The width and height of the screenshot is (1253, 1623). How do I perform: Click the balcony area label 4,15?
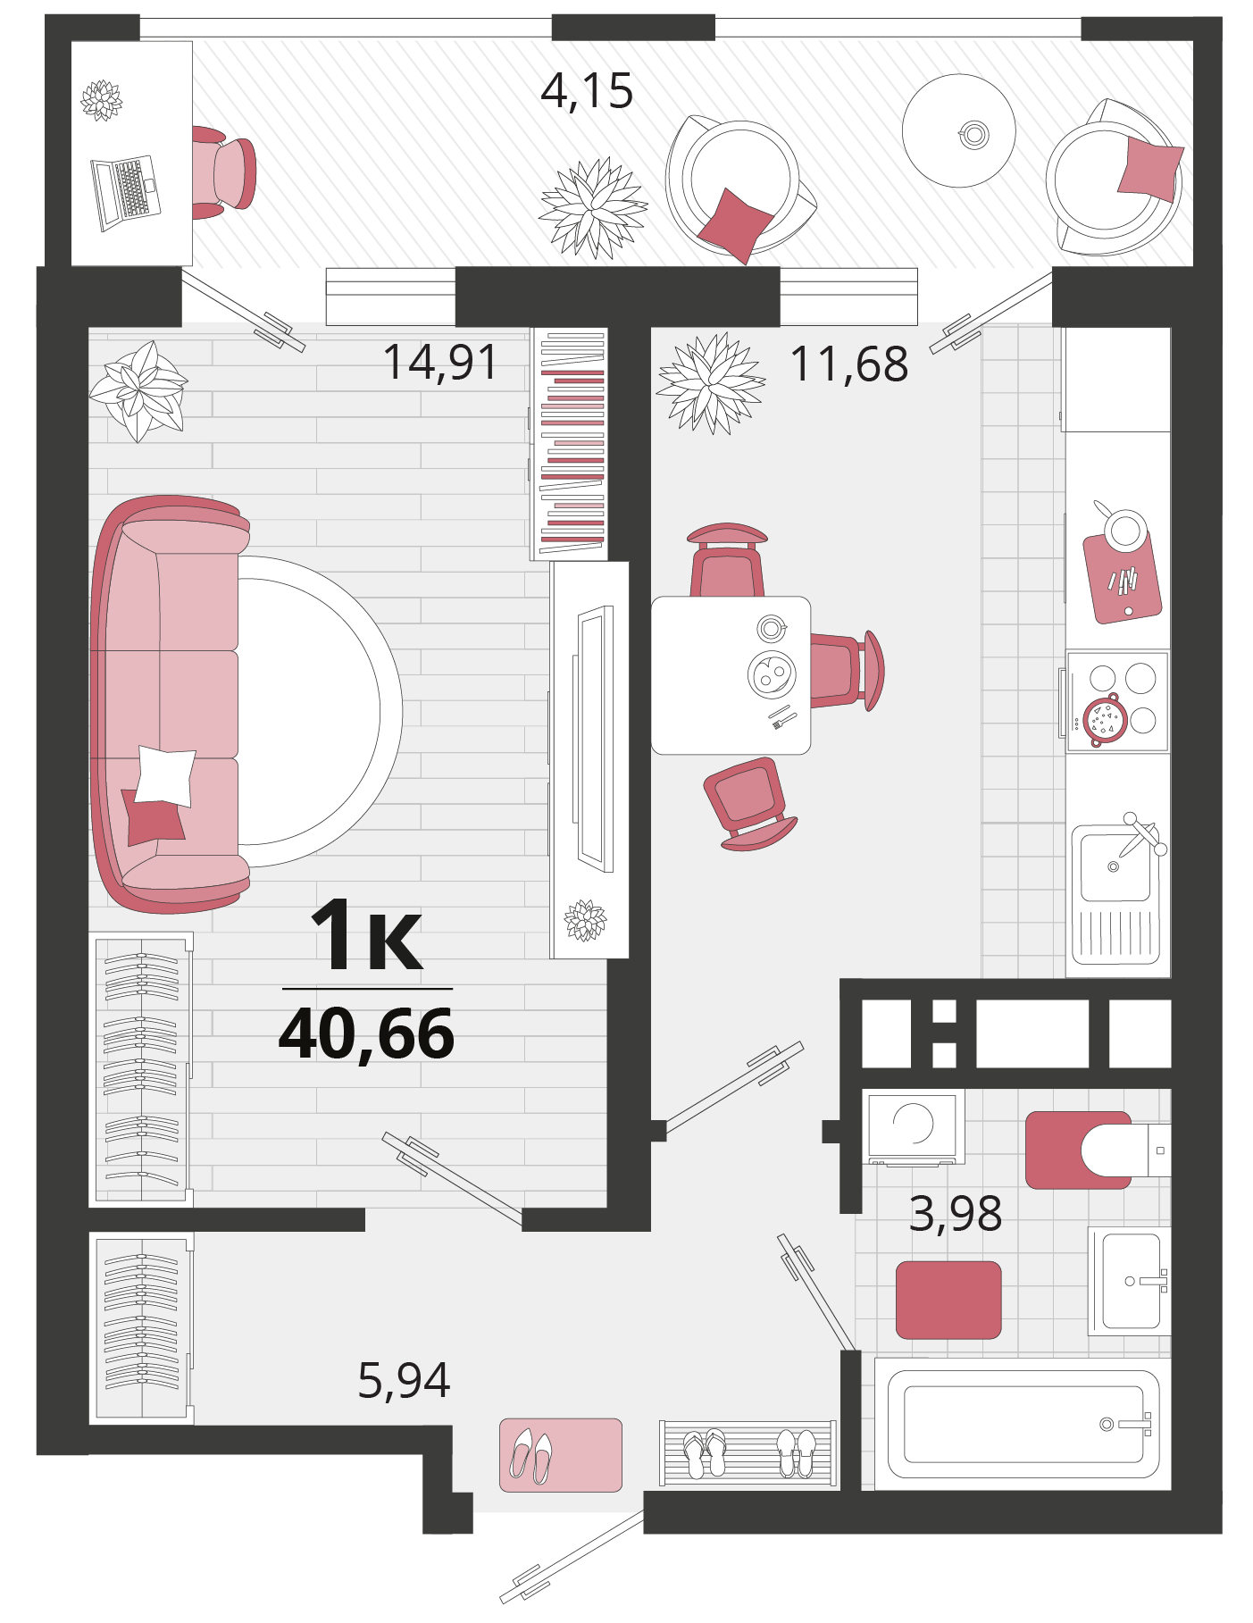(587, 91)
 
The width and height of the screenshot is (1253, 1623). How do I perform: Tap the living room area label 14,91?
(439, 362)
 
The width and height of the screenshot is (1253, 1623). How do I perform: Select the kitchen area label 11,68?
(849, 364)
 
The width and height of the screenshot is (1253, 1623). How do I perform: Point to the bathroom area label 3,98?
(955, 1213)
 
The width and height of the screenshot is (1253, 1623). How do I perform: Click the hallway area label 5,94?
(404, 1380)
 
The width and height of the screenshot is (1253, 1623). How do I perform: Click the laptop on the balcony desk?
(126, 193)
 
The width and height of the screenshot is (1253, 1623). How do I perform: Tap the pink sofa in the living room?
(168, 704)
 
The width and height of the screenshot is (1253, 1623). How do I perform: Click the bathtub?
(1023, 1424)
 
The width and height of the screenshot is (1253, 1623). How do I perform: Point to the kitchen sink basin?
(1115, 866)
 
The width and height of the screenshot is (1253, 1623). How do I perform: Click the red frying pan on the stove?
(1106, 719)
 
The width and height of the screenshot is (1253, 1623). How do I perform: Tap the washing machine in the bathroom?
(913, 1126)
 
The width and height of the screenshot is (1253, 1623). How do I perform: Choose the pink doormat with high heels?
(560, 1455)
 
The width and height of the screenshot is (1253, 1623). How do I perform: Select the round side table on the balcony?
(958, 130)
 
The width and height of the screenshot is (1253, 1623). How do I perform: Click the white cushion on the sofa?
(166, 776)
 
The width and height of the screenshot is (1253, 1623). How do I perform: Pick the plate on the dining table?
(772, 674)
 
